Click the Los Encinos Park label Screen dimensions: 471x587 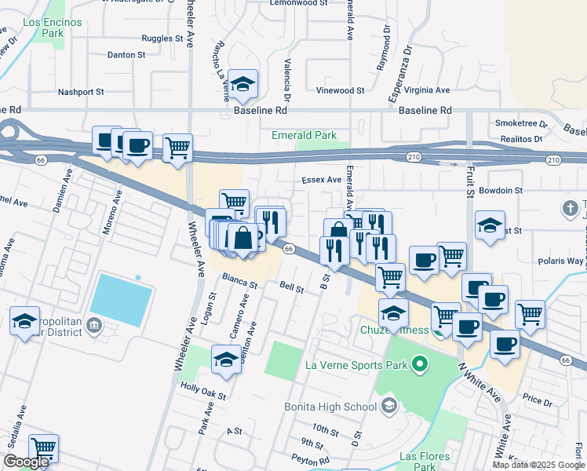coord(53,28)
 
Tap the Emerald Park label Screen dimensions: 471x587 coord(304,135)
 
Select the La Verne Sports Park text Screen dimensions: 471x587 coord(356,364)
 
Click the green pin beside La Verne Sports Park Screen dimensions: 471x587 coord(419,364)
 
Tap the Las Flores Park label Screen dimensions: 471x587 coord(425,462)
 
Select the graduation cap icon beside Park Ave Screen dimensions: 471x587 coord(226,359)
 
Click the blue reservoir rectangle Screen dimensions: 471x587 coord(121,300)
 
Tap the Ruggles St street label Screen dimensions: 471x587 coord(162,38)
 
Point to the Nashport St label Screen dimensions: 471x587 coord(82,92)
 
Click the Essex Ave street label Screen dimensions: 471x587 coord(322,180)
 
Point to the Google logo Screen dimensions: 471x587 coord(26,462)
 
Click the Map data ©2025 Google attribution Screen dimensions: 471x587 coord(538,465)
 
